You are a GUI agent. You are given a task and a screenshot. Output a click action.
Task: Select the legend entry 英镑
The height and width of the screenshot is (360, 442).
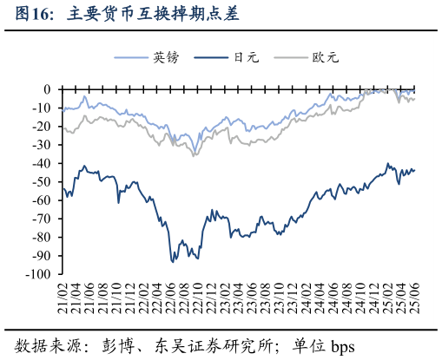coord(165,58)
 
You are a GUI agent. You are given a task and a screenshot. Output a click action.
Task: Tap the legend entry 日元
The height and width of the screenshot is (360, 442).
coord(245,58)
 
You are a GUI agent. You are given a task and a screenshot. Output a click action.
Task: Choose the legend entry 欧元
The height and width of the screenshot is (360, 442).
coord(324,58)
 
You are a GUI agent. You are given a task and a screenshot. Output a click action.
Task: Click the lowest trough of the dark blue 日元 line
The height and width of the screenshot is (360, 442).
coord(172,261)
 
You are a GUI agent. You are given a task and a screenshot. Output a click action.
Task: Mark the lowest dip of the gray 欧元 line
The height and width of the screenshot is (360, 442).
coord(194,155)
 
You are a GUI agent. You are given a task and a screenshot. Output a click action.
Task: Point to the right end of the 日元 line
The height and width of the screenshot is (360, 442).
coord(414,170)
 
